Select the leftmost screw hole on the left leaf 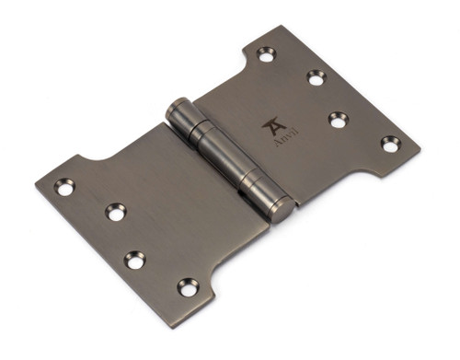click(64, 187)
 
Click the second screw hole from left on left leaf click(115, 213)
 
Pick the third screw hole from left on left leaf click(134, 261)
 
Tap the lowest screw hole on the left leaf click(188, 287)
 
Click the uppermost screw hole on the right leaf click(267, 55)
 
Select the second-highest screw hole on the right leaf click(316, 77)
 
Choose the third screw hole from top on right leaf click(339, 119)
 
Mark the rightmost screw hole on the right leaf click(390, 144)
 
